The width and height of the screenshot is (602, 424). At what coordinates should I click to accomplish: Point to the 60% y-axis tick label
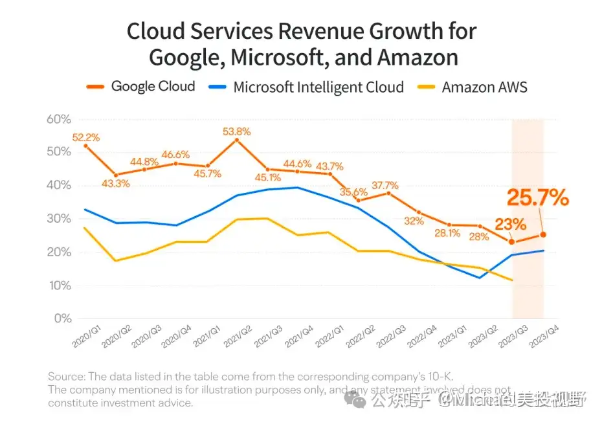(58, 119)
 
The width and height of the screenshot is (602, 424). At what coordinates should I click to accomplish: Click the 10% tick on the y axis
(58, 285)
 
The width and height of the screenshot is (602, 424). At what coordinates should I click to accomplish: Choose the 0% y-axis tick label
(61, 318)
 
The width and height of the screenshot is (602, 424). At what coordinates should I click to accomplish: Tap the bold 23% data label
(511, 224)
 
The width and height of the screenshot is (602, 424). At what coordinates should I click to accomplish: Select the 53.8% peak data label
(236, 131)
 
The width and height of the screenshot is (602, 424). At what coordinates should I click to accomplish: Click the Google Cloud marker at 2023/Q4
(544, 234)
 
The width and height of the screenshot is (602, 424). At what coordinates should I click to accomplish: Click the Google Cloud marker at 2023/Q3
(512, 242)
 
